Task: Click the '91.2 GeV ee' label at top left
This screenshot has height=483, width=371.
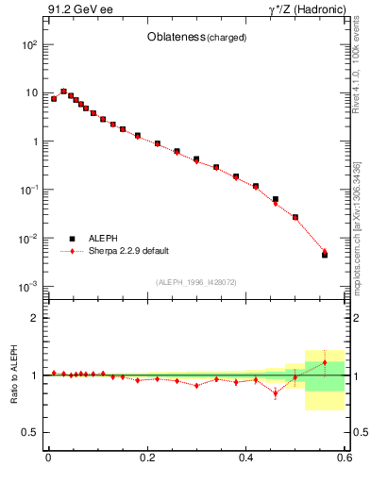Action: (x=78, y=12)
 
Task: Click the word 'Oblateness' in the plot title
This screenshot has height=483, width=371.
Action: (x=177, y=37)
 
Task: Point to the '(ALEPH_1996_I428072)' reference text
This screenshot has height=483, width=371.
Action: (x=195, y=281)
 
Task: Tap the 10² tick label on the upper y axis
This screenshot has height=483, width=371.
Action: (x=29, y=45)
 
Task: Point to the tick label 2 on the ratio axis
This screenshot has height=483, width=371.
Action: (x=35, y=319)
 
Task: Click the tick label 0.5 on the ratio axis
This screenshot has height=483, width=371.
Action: (x=30, y=432)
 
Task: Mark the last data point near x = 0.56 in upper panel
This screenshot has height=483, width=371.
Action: (x=325, y=254)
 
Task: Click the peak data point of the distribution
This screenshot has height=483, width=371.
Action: (x=63, y=92)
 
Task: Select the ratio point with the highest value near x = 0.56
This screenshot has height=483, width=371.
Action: (x=325, y=362)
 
